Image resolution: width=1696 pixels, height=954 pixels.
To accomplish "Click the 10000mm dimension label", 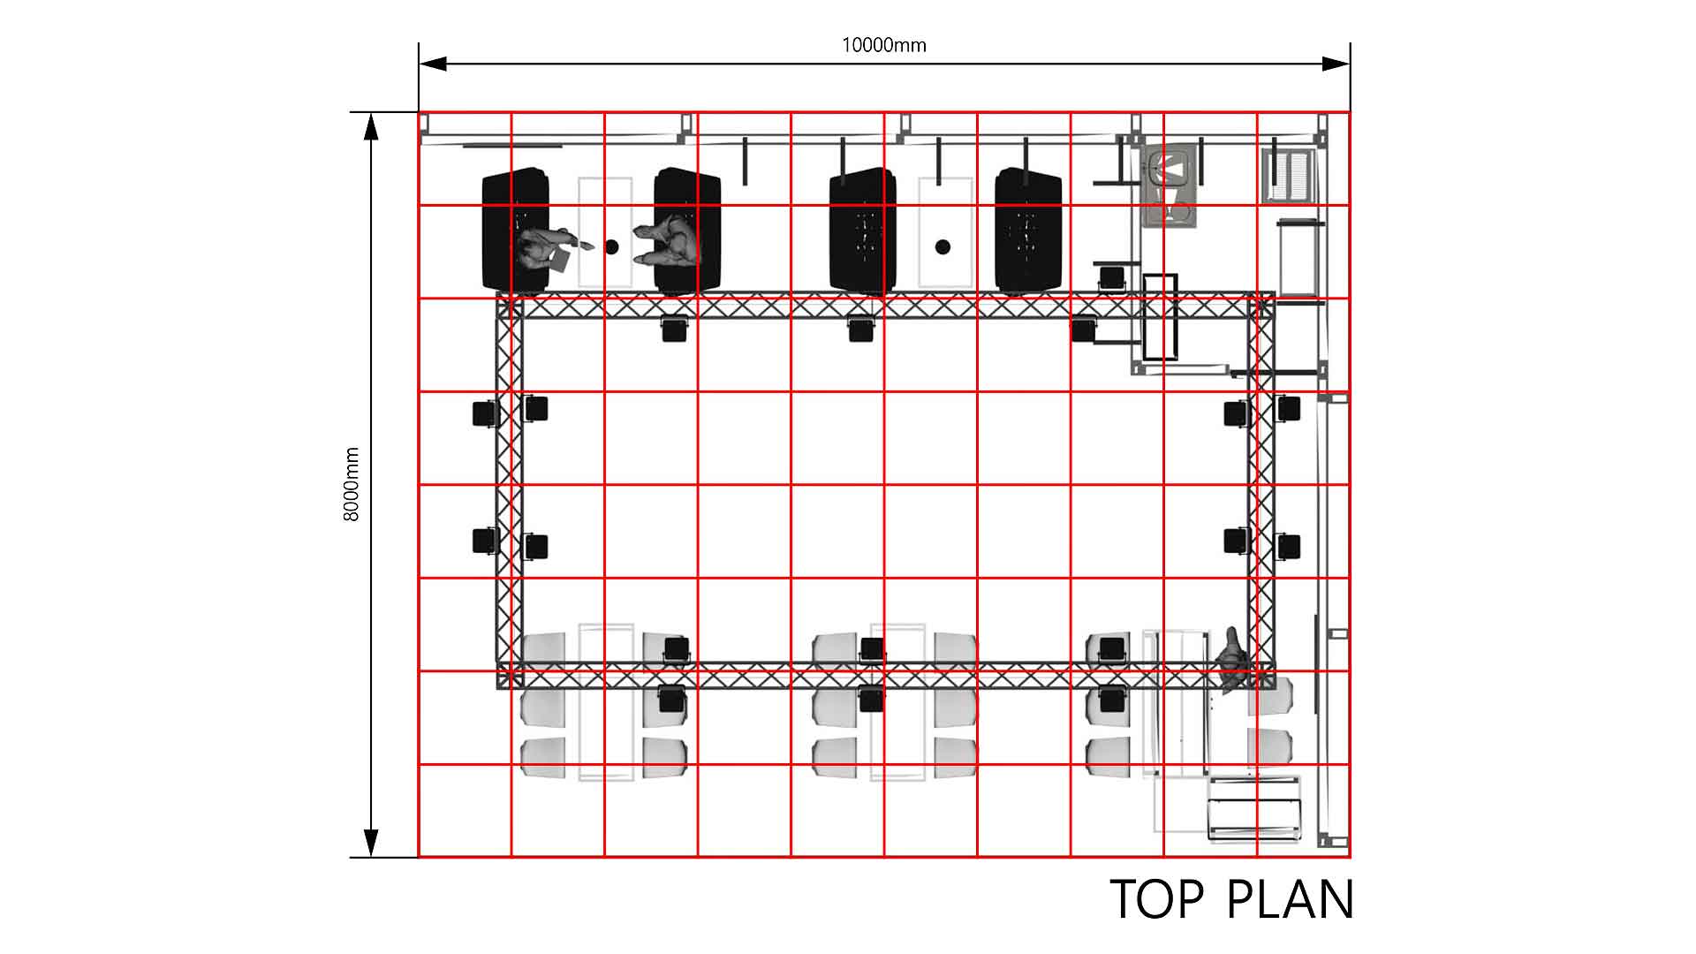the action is [883, 45].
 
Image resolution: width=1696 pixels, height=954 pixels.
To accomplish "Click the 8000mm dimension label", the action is [352, 484].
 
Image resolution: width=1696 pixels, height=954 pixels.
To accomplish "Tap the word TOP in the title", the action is [1156, 900].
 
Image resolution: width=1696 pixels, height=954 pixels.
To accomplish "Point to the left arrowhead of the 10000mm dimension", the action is [433, 64].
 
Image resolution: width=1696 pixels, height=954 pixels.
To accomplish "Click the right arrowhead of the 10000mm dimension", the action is [1336, 64].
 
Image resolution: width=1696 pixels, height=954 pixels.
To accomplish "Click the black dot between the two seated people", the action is [611, 246].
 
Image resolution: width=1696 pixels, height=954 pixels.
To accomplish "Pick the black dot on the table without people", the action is [943, 246].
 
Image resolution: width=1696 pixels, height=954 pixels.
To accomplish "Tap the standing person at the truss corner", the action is [1233, 660].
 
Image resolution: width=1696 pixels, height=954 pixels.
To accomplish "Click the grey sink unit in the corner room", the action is [1171, 187].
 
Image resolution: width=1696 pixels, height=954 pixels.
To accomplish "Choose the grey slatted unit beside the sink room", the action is [1290, 176].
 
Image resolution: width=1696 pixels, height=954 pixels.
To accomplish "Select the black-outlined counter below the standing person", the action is [1254, 808].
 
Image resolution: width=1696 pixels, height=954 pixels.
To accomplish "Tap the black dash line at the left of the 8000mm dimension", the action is [383, 112].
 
